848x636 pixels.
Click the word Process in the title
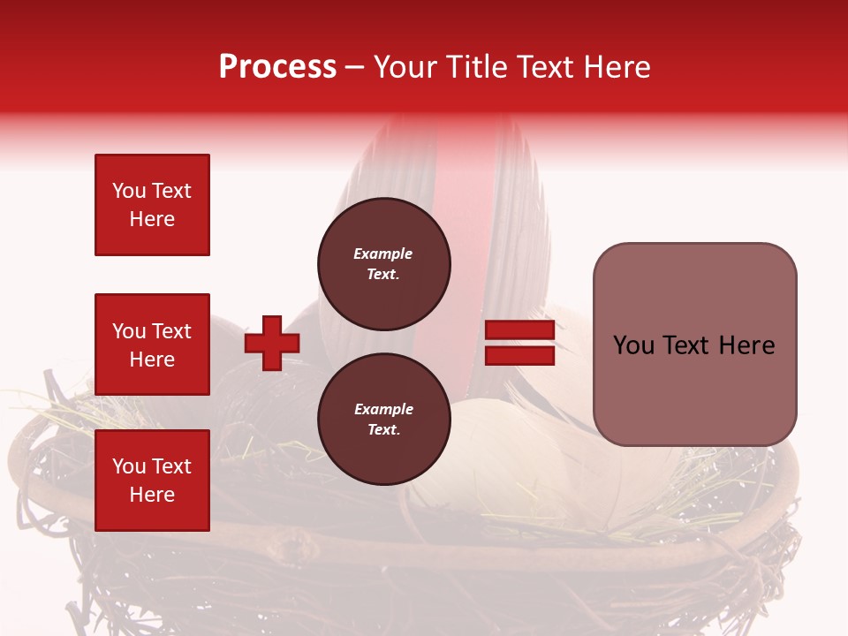(x=277, y=67)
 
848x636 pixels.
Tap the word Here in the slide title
(x=616, y=67)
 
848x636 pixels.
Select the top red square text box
(x=152, y=205)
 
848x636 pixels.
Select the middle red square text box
(x=152, y=344)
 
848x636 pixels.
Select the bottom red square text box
(x=152, y=481)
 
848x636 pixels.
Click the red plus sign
(x=272, y=343)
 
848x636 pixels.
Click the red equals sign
(x=519, y=343)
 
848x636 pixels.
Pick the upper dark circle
(x=383, y=263)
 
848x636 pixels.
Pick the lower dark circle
(x=383, y=419)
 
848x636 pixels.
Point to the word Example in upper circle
(x=383, y=254)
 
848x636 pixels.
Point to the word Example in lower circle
(x=383, y=409)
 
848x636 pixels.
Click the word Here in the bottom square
(x=152, y=495)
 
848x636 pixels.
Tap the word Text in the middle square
(x=170, y=331)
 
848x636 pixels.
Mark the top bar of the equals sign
(x=519, y=329)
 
